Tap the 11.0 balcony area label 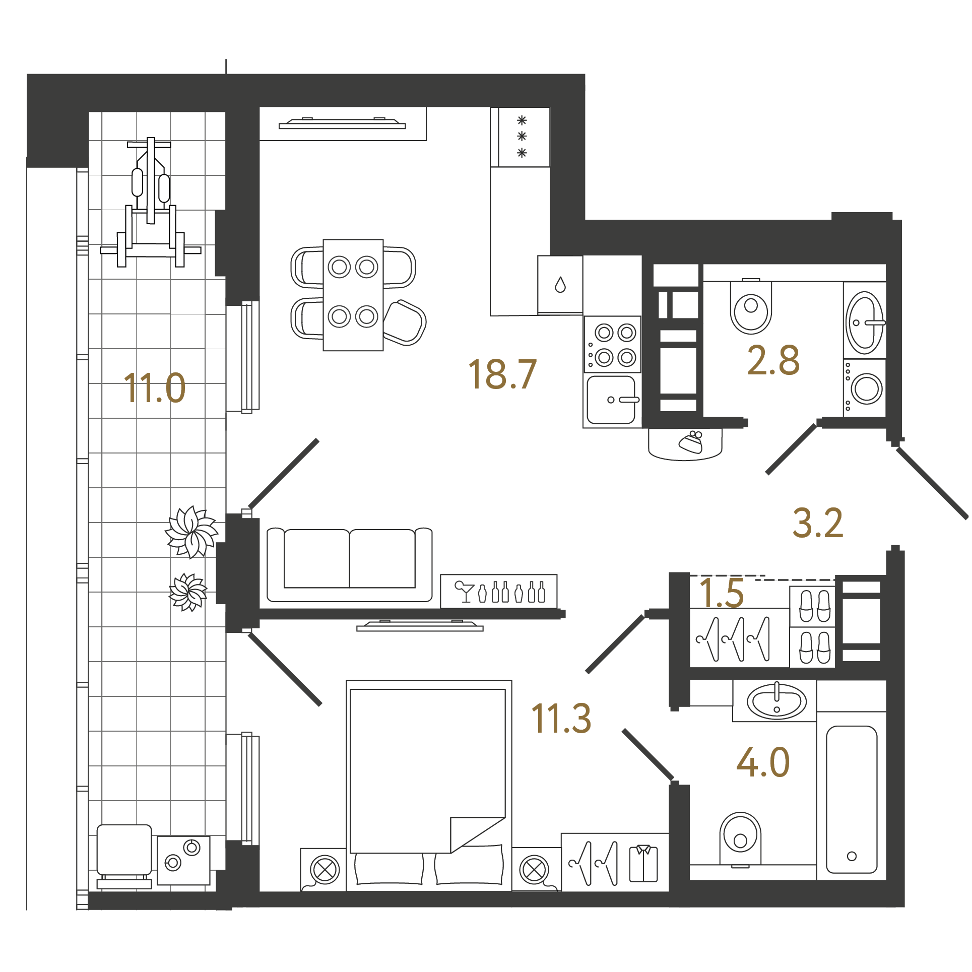(x=155, y=387)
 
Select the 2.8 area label (x=773, y=360)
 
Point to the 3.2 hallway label (x=818, y=523)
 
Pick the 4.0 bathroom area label (x=763, y=762)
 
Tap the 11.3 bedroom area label (x=561, y=719)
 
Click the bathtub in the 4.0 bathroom (x=852, y=799)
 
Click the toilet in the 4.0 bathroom (x=740, y=840)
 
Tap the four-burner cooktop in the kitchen (x=612, y=345)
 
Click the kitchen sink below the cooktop (x=612, y=400)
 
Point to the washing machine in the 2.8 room (x=865, y=387)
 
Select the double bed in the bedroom (x=429, y=786)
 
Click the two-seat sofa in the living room (x=350, y=565)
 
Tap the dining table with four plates (x=353, y=295)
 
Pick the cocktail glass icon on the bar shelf (x=464, y=592)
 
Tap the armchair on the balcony (x=124, y=856)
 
